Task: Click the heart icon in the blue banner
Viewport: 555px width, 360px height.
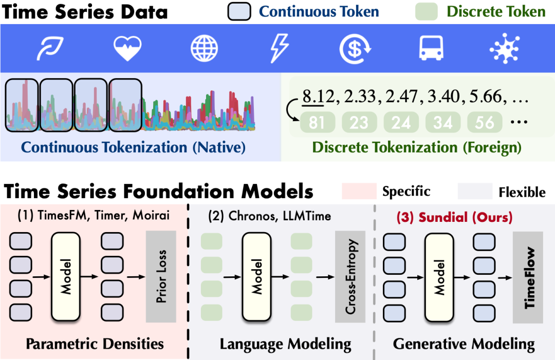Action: (127, 48)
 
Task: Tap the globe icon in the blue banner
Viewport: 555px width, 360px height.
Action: (204, 48)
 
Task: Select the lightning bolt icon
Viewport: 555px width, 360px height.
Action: (280, 48)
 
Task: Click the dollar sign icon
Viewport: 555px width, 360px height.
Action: (355, 49)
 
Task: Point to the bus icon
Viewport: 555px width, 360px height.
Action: (431, 48)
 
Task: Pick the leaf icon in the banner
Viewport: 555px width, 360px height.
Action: (50, 48)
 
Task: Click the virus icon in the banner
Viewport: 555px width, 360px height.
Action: (505, 48)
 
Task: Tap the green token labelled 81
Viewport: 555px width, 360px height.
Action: (317, 122)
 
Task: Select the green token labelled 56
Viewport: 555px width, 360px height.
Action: (485, 122)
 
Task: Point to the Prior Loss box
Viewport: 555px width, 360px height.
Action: (161, 276)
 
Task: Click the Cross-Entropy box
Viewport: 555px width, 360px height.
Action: (350, 276)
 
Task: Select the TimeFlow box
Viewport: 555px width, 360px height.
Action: (528, 277)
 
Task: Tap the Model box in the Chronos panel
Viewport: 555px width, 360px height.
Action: (256, 276)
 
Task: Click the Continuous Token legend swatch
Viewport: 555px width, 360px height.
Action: (239, 11)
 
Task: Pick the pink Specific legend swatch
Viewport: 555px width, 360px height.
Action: (359, 191)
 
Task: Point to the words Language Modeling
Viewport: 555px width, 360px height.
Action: (286, 344)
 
